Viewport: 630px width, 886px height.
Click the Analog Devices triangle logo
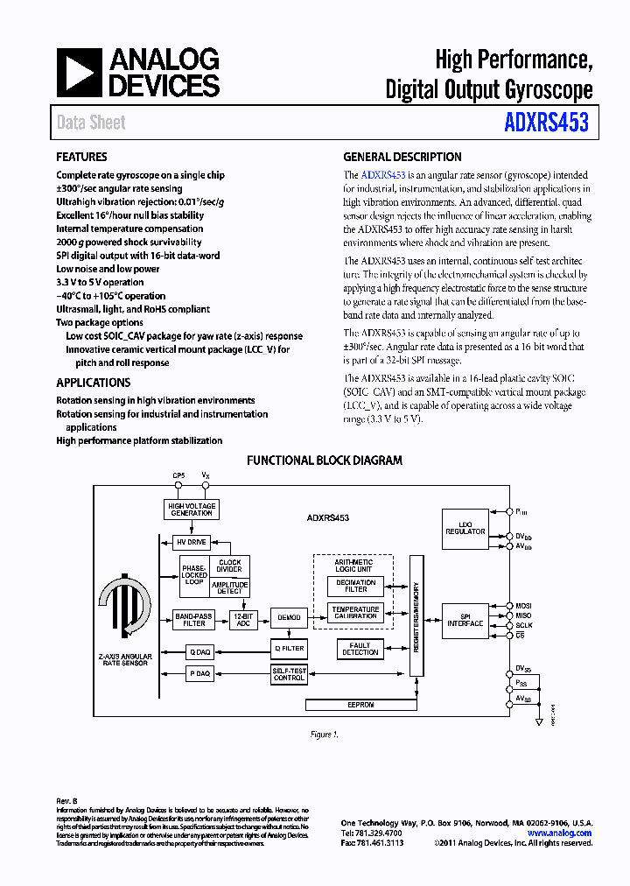tap(80, 73)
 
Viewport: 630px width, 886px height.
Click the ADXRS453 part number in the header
tap(545, 122)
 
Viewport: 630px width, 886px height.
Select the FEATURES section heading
tap(82, 158)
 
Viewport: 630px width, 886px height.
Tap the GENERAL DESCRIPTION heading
tap(402, 158)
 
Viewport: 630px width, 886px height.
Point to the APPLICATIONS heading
tap(94, 383)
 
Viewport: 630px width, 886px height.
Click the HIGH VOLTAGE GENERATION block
tap(192, 510)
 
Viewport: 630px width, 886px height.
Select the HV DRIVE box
tap(192, 542)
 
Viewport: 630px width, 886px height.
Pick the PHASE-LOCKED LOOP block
tap(194, 575)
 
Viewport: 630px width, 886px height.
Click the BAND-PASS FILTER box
tap(194, 619)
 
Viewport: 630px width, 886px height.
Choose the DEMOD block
tap(289, 618)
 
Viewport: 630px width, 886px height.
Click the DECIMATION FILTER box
tap(355, 586)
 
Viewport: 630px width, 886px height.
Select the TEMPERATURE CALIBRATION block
tap(355, 612)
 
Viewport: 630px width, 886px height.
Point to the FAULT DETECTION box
tap(360, 649)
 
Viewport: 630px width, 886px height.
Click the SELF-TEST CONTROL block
tap(289, 674)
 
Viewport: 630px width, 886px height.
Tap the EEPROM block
tap(360, 705)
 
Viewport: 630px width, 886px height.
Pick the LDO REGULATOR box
tap(465, 528)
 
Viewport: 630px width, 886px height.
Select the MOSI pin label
tap(523, 605)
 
